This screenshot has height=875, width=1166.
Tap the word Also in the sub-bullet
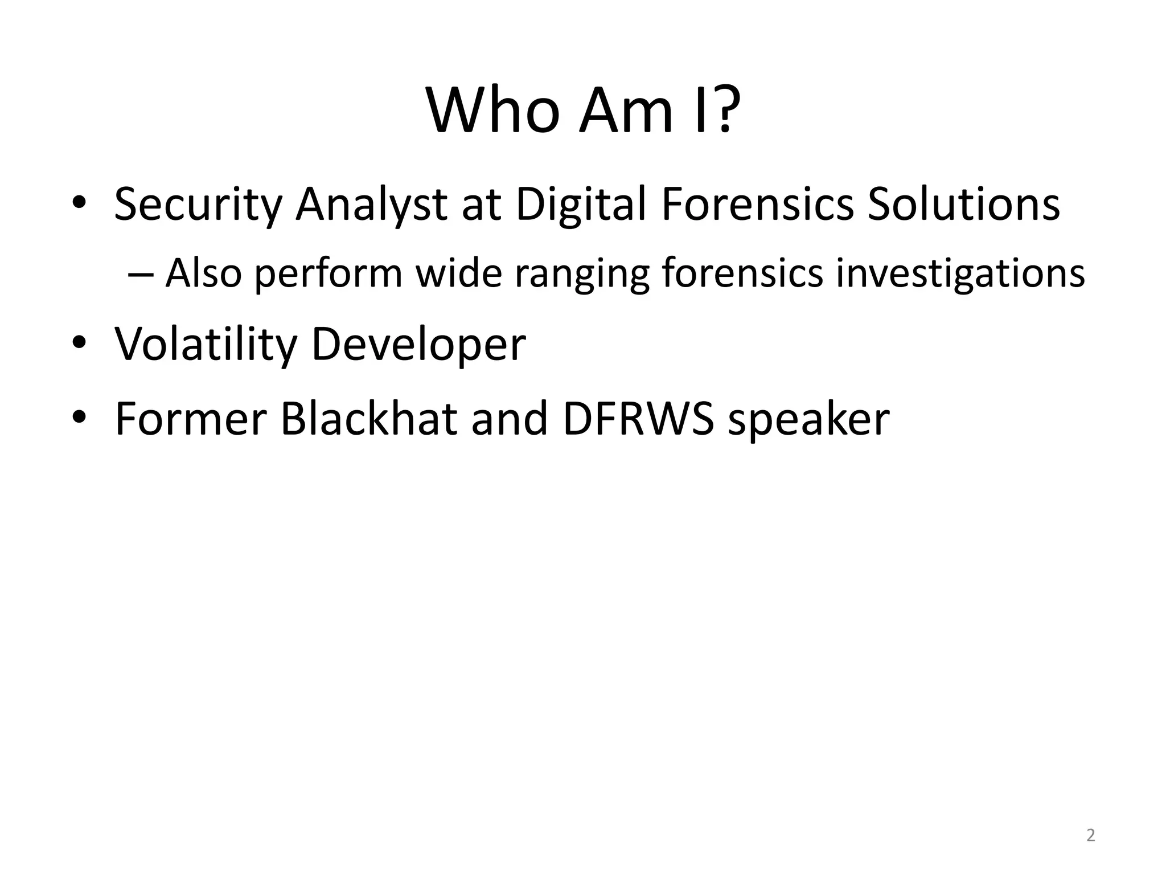[203, 272]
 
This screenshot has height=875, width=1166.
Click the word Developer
[419, 345]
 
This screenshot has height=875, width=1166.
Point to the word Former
[191, 419]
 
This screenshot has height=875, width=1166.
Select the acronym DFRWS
[638, 419]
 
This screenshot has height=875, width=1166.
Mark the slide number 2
[1090, 836]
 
